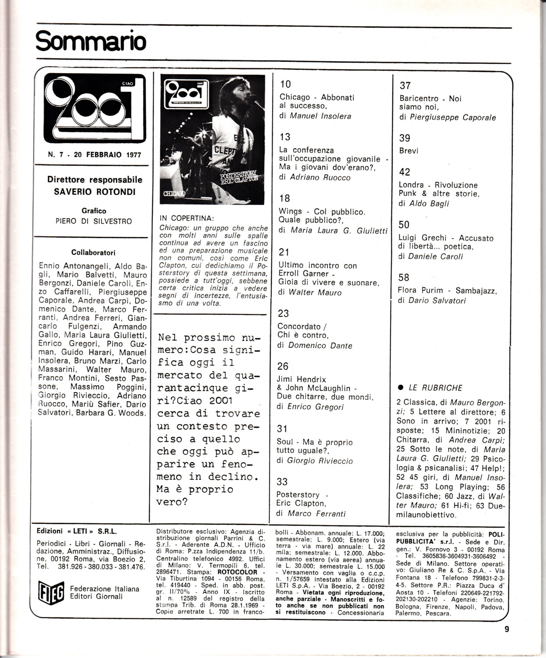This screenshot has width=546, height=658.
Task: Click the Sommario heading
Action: click(90, 41)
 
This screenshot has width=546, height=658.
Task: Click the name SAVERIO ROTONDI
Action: click(95, 192)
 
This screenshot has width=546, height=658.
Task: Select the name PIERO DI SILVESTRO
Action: click(93, 221)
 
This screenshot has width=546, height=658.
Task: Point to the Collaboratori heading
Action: click(93, 253)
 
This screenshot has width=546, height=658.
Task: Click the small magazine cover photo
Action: click(212, 139)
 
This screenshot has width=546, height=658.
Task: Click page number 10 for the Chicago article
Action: click(285, 84)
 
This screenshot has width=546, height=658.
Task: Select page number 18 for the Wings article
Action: click(284, 198)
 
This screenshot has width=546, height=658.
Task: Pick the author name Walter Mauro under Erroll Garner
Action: click(315, 293)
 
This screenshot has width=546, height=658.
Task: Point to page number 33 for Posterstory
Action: click(282, 482)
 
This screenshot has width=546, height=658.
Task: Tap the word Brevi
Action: click(409, 150)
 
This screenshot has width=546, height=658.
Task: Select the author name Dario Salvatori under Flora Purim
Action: click(437, 300)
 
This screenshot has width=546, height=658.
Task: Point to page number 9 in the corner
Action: click(507, 629)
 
